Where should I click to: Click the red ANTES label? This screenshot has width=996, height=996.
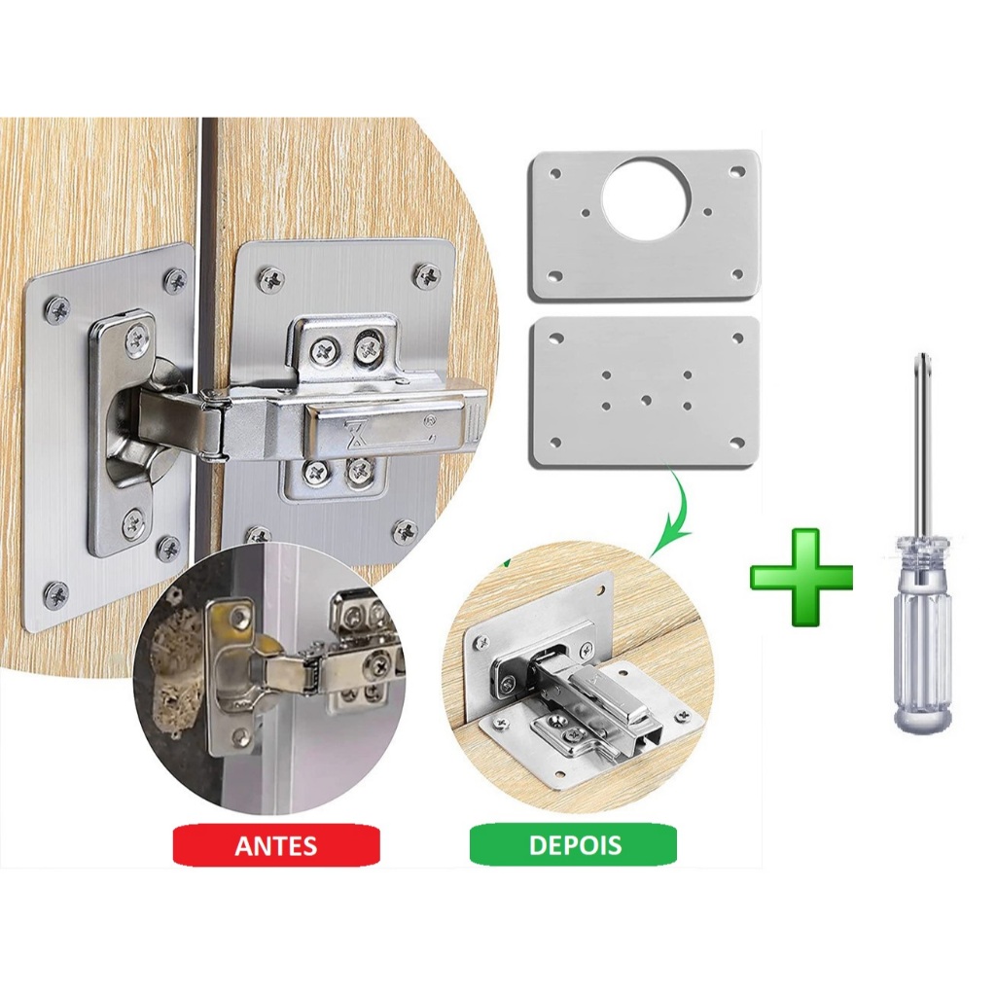(x=276, y=846)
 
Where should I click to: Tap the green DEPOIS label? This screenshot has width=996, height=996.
(x=575, y=845)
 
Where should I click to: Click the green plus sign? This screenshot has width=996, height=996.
(x=801, y=577)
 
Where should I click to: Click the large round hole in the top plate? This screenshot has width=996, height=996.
(x=646, y=198)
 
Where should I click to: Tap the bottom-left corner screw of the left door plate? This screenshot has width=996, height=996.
(x=56, y=594)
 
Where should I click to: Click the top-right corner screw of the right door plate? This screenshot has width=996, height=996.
(x=430, y=274)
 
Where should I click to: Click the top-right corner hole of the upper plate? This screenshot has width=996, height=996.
(x=737, y=171)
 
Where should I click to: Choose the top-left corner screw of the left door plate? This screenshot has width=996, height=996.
(x=58, y=309)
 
